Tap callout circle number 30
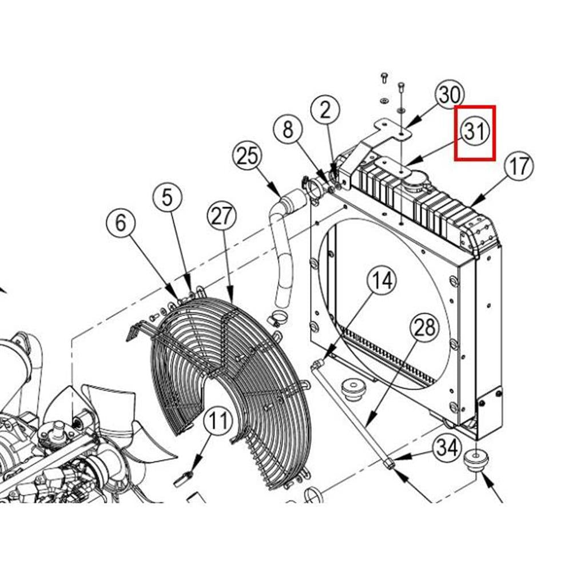pos(450,94)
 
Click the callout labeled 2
pos(325,110)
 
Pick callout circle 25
pos(247,156)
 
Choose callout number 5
pos(166,197)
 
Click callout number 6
pos(121,223)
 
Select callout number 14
pos(382,280)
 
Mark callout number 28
pos(424,327)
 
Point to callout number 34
pos(447,447)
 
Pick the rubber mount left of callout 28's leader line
pos(353,389)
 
